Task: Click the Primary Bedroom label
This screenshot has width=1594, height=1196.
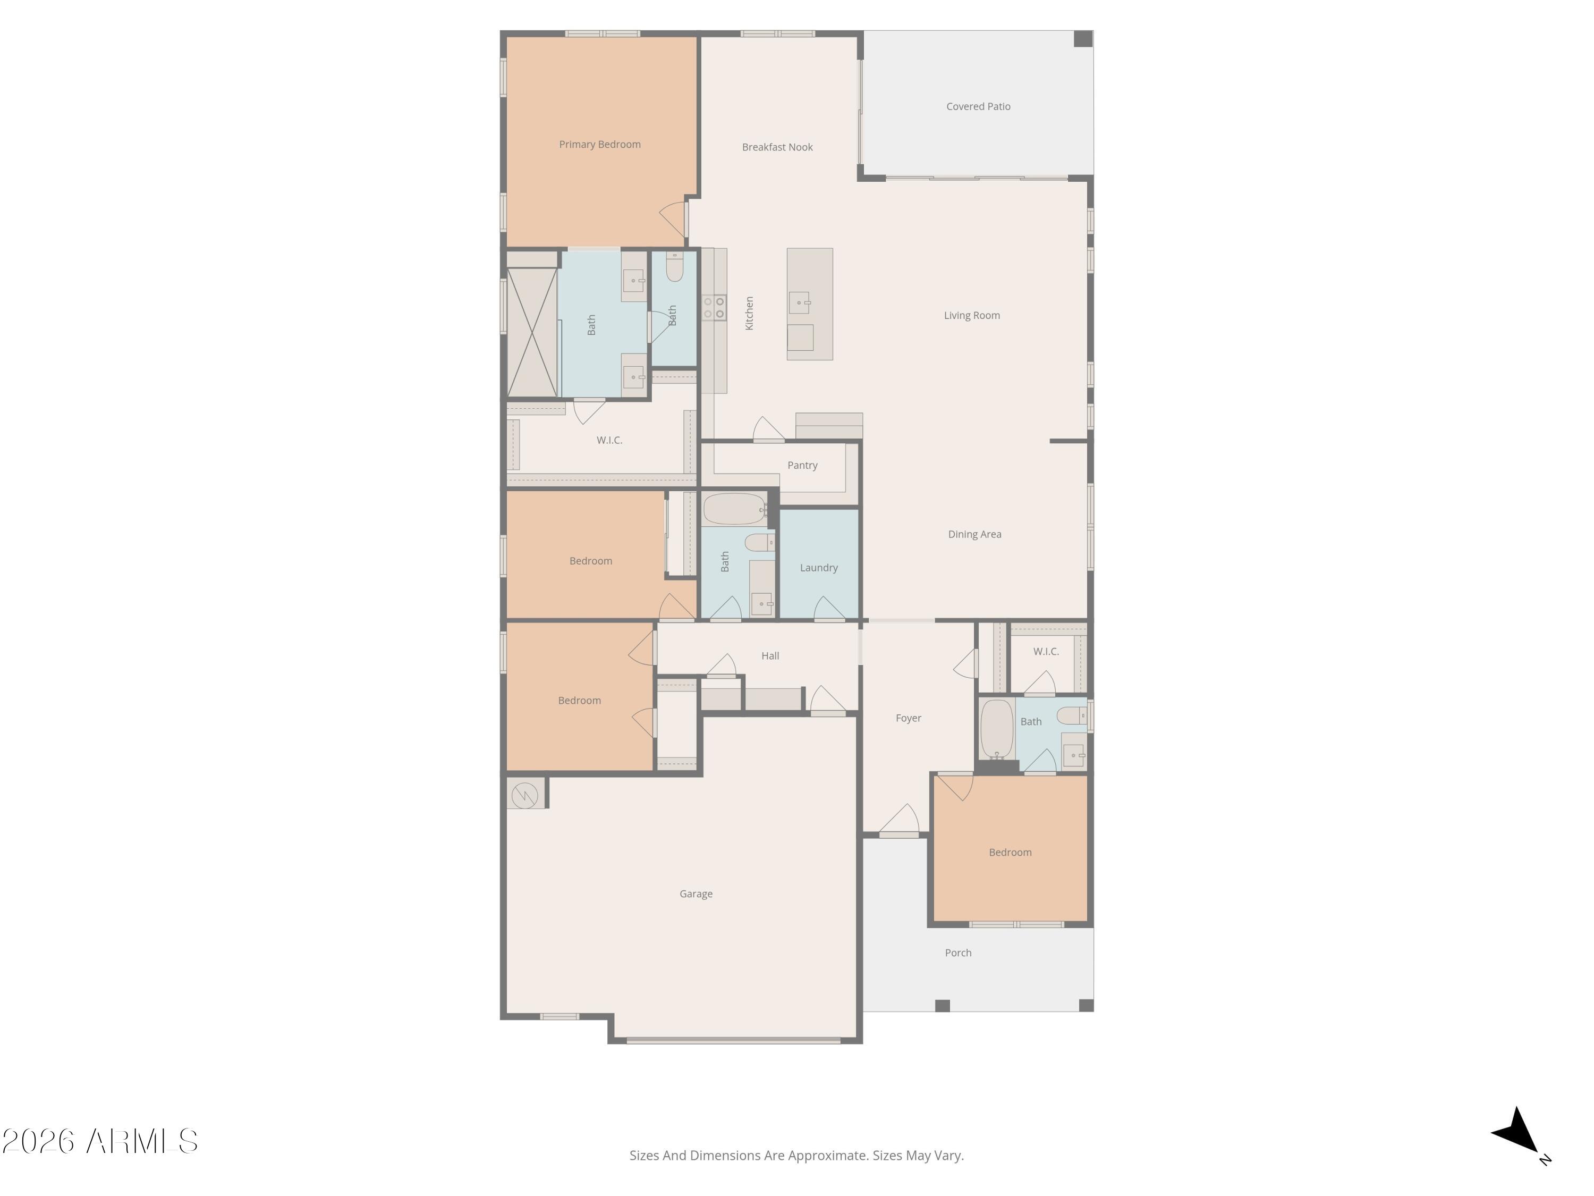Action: pyautogui.click(x=599, y=144)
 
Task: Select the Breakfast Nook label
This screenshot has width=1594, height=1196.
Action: pyautogui.click(x=777, y=147)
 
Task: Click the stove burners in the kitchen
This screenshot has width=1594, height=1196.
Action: pyautogui.click(x=714, y=308)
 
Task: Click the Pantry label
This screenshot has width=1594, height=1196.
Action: pyautogui.click(x=802, y=466)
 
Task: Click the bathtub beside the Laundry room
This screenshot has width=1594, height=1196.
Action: pyautogui.click(x=734, y=509)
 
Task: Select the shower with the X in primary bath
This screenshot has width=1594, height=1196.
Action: pyautogui.click(x=532, y=332)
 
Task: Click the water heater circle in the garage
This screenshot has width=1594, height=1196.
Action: pyautogui.click(x=524, y=796)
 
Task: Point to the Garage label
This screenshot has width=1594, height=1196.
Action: pyautogui.click(x=696, y=894)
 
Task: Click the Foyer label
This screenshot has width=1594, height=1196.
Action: pyautogui.click(x=908, y=718)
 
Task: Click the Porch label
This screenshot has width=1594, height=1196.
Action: pyautogui.click(x=957, y=953)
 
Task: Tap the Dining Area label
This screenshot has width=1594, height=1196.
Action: pyautogui.click(x=974, y=534)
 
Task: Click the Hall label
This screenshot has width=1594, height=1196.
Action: pyautogui.click(x=769, y=656)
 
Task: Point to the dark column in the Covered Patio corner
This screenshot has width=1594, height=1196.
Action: pyautogui.click(x=1082, y=39)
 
